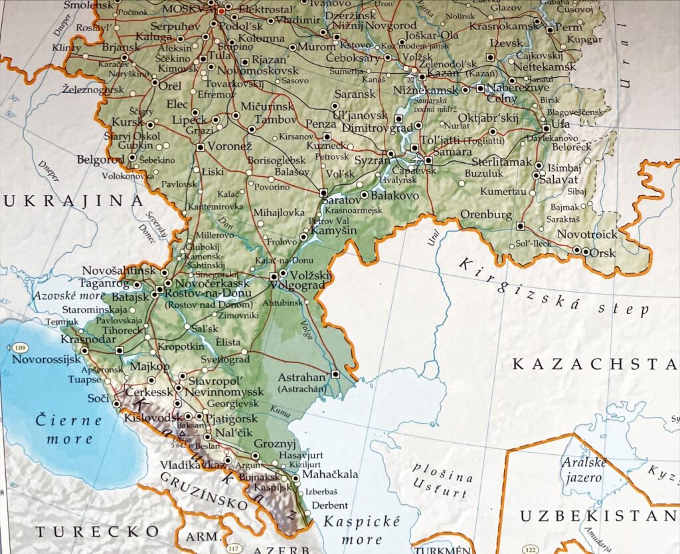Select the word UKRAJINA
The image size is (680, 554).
(73, 200)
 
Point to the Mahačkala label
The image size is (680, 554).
(329, 475)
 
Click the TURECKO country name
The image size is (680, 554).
(97, 531)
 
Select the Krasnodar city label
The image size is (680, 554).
(85, 340)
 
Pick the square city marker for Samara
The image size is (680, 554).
(428, 160)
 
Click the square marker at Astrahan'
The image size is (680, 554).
(336, 374)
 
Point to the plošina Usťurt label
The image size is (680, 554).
(442, 484)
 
